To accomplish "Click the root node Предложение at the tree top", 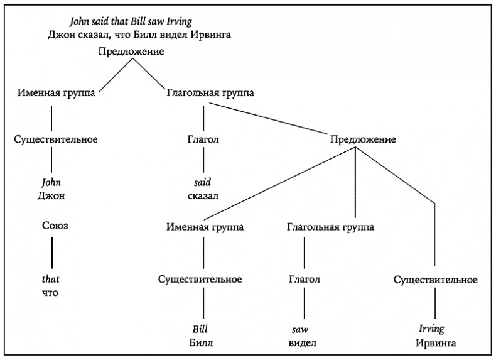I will click(x=131, y=51).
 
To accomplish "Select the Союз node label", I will click(x=55, y=226).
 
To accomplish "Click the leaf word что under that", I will click(x=50, y=292).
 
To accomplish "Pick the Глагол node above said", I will click(x=203, y=139).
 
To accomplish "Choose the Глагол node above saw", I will click(x=305, y=279).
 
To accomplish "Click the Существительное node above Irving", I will click(x=435, y=279).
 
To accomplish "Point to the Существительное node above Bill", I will click(x=200, y=279).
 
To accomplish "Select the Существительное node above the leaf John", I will click(x=55, y=139).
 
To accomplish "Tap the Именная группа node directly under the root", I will click(x=57, y=94).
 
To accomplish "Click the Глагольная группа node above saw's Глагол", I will click(x=330, y=227).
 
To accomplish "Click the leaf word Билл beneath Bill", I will click(x=200, y=342).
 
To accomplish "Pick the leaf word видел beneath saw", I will click(x=303, y=342).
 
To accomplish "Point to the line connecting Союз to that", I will click(x=51, y=253).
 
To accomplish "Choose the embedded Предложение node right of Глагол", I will click(x=362, y=139).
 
